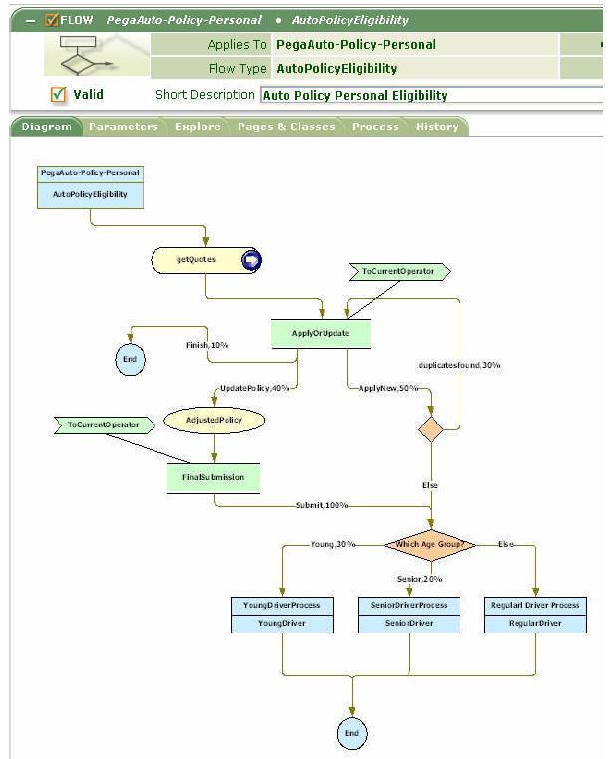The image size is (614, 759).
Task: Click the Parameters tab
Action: click(x=123, y=126)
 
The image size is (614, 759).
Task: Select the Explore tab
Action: click(x=197, y=126)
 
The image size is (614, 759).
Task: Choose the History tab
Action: click(x=437, y=126)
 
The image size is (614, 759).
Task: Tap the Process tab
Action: click(x=375, y=126)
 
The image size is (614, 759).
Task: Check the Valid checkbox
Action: click(x=58, y=95)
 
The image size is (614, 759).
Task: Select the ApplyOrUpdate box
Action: click(x=321, y=333)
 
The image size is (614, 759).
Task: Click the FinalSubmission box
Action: click(x=213, y=477)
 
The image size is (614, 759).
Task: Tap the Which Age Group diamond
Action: click(x=431, y=544)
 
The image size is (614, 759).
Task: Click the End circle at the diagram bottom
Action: click(x=352, y=733)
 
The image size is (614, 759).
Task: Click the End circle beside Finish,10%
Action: click(x=129, y=359)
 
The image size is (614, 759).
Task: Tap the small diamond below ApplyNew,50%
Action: click(x=431, y=429)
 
